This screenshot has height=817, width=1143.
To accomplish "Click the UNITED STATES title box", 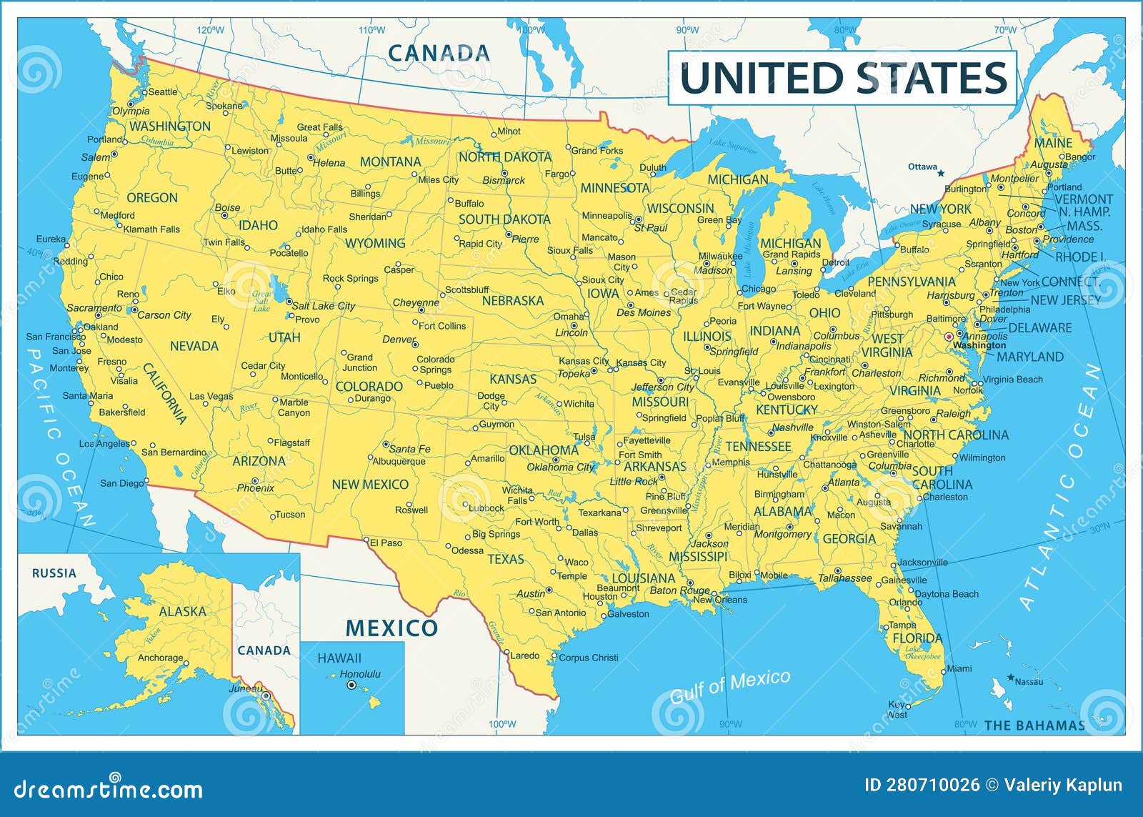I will click(842, 78).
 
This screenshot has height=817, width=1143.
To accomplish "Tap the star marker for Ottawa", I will click(941, 173).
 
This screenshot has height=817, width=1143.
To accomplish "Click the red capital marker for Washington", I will click(949, 337).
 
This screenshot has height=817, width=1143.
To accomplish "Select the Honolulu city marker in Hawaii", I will click(351, 685).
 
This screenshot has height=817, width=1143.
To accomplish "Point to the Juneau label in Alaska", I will click(245, 689).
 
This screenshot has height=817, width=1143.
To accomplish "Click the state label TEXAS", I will click(506, 559).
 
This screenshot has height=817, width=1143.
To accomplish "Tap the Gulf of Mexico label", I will click(729, 685).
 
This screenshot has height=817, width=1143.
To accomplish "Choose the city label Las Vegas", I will click(211, 396).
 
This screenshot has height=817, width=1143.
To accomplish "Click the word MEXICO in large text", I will click(391, 628).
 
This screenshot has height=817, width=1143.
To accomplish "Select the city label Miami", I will click(959, 668).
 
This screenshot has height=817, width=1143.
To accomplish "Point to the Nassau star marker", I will click(1010, 677).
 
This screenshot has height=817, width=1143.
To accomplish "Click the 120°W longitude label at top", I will click(210, 30).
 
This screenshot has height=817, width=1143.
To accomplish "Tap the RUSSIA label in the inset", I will click(54, 573).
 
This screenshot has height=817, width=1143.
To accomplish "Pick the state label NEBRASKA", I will click(512, 301).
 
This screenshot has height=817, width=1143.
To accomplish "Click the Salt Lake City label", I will click(324, 306).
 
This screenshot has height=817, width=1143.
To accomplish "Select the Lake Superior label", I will click(732, 146).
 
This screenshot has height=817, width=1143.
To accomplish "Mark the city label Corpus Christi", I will click(588, 658).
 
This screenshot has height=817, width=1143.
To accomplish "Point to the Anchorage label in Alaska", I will click(160, 658).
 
